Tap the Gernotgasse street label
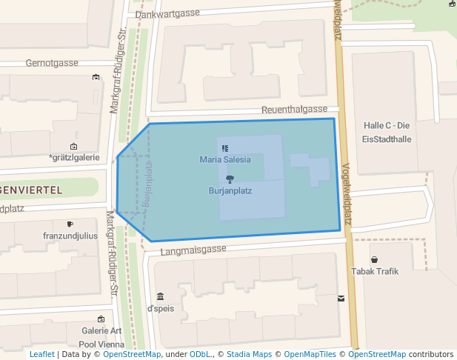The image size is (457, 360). click(x=52, y=63)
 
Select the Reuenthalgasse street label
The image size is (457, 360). click(x=294, y=110)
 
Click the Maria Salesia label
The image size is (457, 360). click(x=225, y=159)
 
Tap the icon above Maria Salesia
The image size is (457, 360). click(x=225, y=148)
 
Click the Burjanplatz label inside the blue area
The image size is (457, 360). click(x=230, y=190)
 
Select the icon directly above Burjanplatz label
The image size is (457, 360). click(x=230, y=179)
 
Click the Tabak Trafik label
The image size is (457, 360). click(x=375, y=271)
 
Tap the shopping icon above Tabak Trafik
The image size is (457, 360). click(x=375, y=260)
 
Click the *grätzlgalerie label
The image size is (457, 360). click(x=73, y=158)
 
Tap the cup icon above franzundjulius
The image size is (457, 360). click(x=70, y=224)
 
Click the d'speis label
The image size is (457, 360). click(x=161, y=308)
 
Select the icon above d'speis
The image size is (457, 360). click(x=161, y=296)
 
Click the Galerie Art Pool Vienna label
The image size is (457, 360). click(x=101, y=337)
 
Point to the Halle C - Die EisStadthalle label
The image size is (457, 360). click(x=387, y=132)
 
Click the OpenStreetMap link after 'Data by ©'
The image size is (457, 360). click(x=132, y=354)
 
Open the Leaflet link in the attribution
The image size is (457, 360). click(x=41, y=354)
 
